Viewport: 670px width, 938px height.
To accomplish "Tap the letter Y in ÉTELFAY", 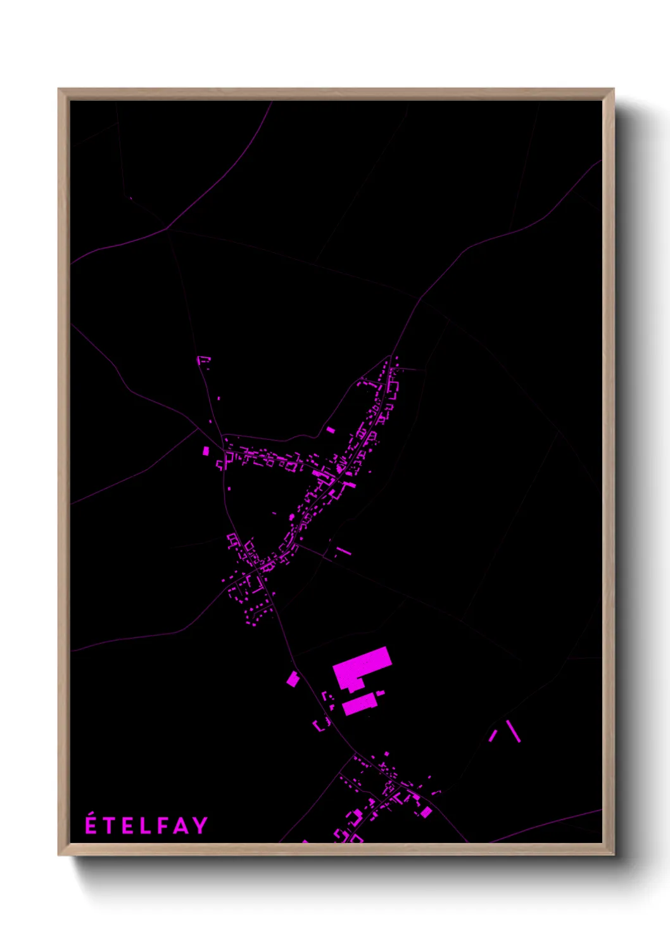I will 201,825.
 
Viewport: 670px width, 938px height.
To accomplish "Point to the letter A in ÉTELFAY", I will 181,825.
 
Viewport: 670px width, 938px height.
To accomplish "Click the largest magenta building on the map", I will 362,668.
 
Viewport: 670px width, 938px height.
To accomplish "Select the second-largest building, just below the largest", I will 359,703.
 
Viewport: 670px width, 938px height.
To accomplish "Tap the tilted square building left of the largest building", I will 293,679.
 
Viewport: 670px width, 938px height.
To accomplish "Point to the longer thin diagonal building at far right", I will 513,731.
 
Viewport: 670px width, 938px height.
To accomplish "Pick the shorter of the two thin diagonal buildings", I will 493,736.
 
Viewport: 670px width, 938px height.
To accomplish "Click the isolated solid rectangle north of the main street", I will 331,430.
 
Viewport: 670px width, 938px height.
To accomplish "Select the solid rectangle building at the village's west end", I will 206,451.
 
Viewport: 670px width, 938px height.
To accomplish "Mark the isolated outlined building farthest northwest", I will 203,361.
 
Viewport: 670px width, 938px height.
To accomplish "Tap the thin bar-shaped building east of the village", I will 344,551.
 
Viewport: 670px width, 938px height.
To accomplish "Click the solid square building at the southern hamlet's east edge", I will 427,812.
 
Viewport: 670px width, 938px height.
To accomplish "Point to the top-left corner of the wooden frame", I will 59,89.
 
